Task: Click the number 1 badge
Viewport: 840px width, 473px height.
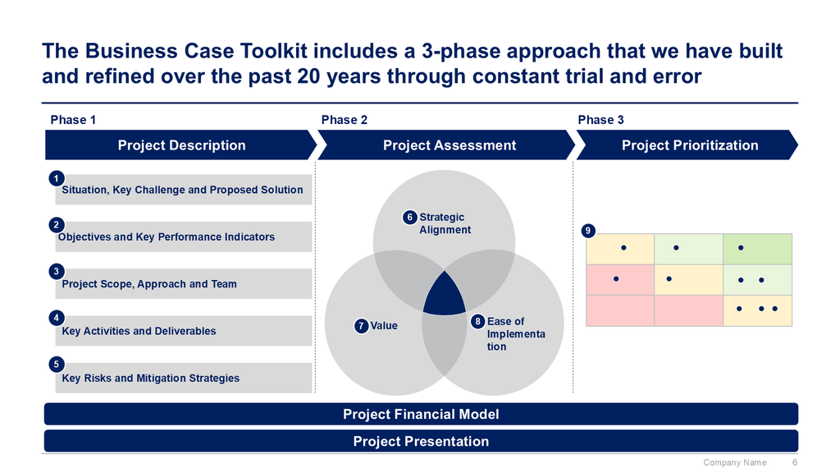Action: (x=56, y=178)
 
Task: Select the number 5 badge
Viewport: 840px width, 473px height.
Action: (x=56, y=365)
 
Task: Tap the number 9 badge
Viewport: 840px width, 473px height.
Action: (x=588, y=232)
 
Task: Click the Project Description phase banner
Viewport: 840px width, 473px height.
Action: (x=181, y=145)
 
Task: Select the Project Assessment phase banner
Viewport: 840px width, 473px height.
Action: (x=449, y=145)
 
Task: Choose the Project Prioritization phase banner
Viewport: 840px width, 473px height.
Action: (x=689, y=145)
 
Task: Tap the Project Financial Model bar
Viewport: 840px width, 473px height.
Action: (x=420, y=414)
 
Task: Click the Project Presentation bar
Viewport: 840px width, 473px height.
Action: (x=420, y=441)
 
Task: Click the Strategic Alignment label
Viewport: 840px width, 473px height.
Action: (x=445, y=223)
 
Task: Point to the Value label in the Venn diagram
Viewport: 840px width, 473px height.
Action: (x=383, y=326)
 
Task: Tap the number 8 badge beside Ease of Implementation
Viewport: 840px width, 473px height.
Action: (x=477, y=322)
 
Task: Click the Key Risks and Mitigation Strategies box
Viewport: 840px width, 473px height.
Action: (x=180, y=379)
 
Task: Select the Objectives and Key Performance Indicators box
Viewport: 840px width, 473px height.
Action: (x=180, y=237)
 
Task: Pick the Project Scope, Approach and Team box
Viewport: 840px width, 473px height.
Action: (x=180, y=284)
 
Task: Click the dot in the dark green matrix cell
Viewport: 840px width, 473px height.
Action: (x=741, y=247)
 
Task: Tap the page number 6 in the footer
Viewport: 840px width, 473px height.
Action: (x=794, y=463)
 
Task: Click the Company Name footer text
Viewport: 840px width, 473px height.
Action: (x=734, y=463)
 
